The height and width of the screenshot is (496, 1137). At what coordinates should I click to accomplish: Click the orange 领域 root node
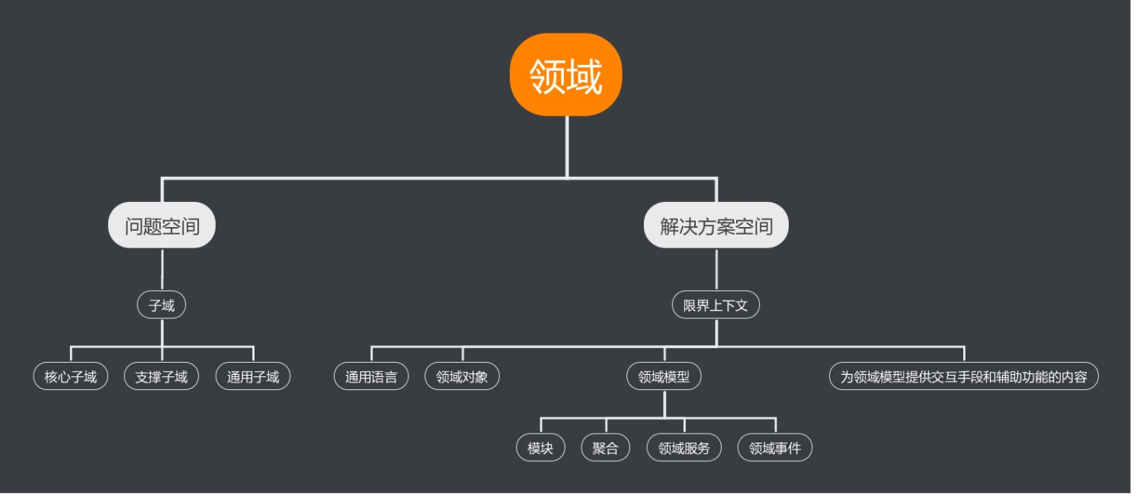(x=566, y=75)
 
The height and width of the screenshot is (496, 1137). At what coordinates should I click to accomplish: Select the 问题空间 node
(x=162, y=226)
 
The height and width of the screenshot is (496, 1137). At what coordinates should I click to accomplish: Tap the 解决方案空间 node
(x=716, y=226)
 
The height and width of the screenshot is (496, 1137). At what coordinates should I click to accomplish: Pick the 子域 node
(x=162, y=306)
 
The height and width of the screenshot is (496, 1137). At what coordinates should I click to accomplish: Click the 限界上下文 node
(x=716, y=306)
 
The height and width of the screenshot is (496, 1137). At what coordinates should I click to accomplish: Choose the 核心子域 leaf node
(x=71, y=376)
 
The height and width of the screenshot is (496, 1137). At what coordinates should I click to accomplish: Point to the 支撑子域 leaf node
(x=162, y=376)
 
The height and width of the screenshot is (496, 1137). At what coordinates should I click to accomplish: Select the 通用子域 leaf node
(x=253, y=376)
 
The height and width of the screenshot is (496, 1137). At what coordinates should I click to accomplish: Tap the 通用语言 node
(x=371, y=376)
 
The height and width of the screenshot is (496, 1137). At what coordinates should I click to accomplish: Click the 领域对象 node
(x=462, y=376)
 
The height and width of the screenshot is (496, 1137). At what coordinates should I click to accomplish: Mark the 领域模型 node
(x=664, y=376)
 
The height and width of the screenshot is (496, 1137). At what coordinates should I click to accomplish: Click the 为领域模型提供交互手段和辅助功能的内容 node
(x=963, y=376)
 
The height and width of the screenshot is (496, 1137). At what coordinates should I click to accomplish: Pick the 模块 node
(x=540, y=448)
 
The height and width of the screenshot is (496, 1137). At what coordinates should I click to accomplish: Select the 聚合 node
(x=606, y=448)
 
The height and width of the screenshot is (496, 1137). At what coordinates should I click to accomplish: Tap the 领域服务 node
(x=684, y=448)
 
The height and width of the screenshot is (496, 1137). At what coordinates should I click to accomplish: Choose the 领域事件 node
(x=775, y=448)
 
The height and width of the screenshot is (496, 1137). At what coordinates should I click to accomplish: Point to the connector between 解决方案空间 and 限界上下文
(x=716, y=270)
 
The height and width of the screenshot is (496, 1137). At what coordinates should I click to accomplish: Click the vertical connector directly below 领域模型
(x=665, y=403)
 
